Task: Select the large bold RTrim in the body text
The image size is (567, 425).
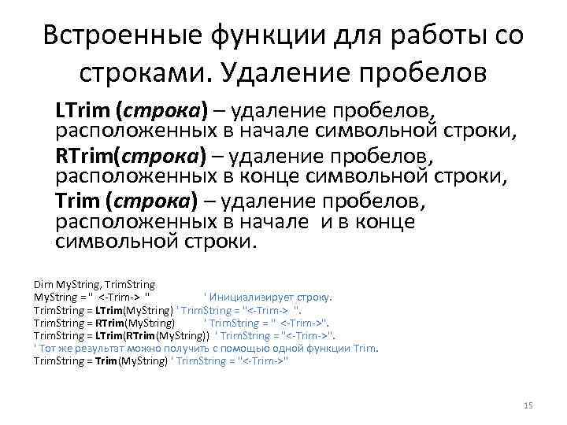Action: (82, 156)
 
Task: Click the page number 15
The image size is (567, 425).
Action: (528, 405)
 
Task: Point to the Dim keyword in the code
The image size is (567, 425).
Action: (41, 283)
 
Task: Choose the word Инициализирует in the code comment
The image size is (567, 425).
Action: (258, 297)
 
